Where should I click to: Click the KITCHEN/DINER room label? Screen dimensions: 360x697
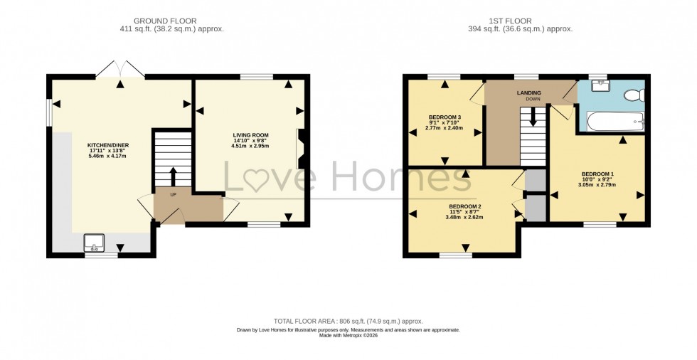108,145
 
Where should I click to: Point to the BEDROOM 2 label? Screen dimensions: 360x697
465,207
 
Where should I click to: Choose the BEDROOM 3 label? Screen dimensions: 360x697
445,117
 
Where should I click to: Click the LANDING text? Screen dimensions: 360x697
528,92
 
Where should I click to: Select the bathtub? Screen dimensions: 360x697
614,122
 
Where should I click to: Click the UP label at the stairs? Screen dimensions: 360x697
173,194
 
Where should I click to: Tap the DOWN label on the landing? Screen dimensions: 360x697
533,100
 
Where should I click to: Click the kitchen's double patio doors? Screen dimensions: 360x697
120,69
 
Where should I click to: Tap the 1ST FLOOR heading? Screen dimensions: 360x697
526,21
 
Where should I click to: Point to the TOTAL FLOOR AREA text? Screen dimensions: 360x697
348,322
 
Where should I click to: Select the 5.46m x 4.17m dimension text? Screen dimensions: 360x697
108,156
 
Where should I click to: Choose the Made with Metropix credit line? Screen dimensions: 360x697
348,335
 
